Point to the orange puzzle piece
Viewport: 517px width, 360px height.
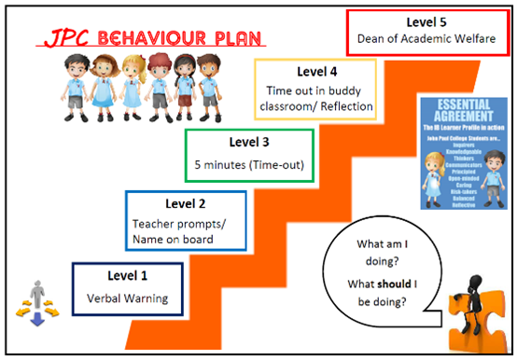[475, 328]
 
